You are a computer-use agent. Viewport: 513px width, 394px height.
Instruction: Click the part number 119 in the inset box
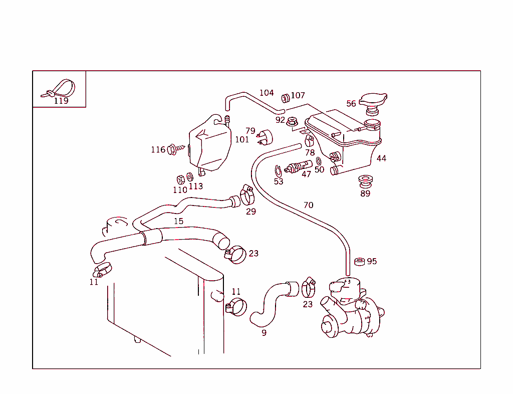(x=61, y=101)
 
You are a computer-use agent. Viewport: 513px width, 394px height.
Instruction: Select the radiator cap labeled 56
(x=373, y=100)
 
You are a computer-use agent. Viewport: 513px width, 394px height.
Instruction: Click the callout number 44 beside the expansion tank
(x=381, y=158)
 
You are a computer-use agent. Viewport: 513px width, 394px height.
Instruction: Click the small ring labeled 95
(x=360, y=261)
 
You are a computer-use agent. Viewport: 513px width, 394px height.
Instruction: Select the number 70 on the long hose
(x=309, y=205)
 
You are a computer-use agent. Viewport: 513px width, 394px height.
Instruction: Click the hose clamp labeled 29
(x=247, y=195)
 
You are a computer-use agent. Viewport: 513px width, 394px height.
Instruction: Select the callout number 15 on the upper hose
(x=178, y=221)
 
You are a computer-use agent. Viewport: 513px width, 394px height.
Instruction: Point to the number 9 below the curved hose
(x=264, y=332)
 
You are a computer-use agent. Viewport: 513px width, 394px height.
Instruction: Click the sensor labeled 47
(x=299, y=166)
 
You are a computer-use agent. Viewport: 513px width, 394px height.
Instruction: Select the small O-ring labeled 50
(x=319, y=161)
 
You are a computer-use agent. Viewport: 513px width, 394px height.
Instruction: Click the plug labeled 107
(x=286, y=97)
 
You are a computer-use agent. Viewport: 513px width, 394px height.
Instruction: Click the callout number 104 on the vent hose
(x=267, y=93)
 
